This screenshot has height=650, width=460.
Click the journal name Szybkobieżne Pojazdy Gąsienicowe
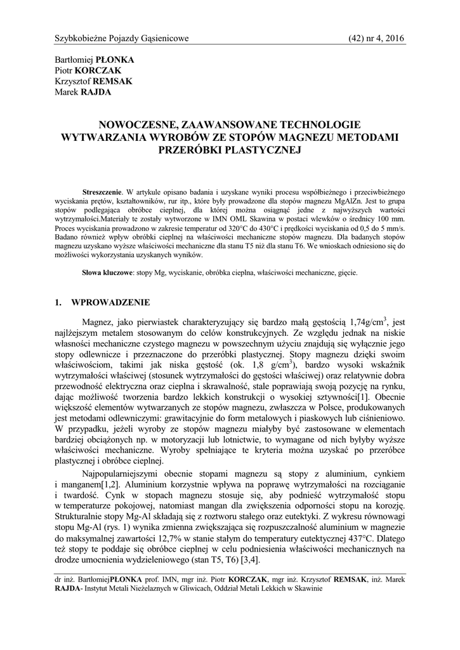122,39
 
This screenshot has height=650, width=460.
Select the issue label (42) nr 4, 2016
376,39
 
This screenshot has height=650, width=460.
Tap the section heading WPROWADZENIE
112,302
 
